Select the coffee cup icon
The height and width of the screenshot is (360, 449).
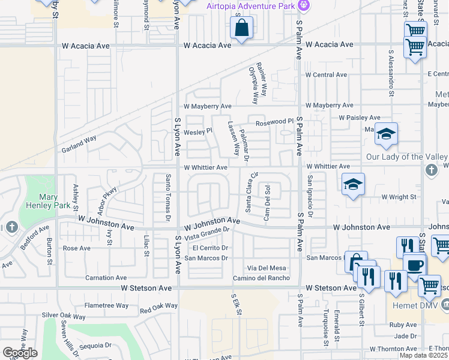pos(414,265)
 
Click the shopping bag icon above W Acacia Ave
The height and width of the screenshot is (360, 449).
pos(241,28)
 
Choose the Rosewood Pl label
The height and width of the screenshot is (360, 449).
pos(274,122)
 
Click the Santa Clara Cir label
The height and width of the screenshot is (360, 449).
pos(250,192)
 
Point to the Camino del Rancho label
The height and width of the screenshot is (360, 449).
pos(262,278)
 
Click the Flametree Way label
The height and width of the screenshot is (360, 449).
pos(106,305)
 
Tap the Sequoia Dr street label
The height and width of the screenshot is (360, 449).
pos(96,346)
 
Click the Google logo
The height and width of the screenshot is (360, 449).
pos(20,353)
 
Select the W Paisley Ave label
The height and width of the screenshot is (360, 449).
pos(360,118)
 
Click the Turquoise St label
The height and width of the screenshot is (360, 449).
pos(325,329)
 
